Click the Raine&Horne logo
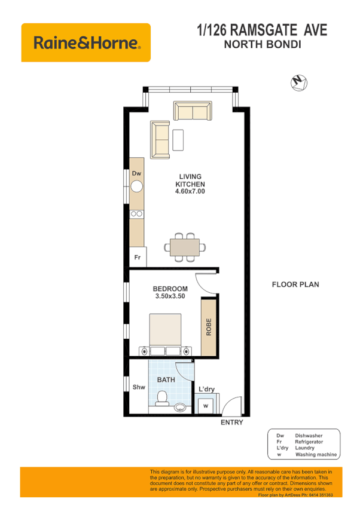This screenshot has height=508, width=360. click(86, 42)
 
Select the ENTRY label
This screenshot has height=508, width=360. click(232, 423)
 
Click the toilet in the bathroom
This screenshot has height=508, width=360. click(161, 399)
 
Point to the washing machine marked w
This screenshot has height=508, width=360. click(206, 406)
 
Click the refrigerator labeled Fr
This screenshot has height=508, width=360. click(137, 258)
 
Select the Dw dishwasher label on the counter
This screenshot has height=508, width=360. click(136, 173)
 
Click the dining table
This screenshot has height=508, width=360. click(185, 246)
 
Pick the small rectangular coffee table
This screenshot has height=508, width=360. click(178, 139)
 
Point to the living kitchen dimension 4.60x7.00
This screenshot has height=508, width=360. click(190, 192)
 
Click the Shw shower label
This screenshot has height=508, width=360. click(139, 387)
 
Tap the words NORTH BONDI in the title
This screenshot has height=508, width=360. click(262, 44)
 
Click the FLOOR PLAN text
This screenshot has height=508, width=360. click(295, 284)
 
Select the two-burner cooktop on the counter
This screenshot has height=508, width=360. click(137, 213)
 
